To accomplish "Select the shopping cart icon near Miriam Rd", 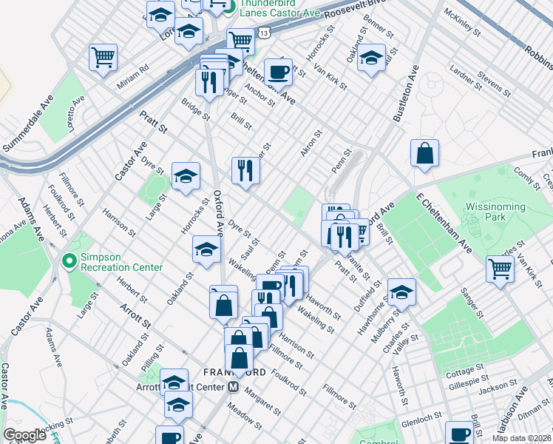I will [103, 57].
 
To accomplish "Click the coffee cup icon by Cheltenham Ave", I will [278, 72].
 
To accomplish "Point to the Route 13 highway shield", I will [264, 33].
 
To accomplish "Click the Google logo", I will [24, 435].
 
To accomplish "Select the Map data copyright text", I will [521, 438].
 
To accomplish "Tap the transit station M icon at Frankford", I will [233, 387].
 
